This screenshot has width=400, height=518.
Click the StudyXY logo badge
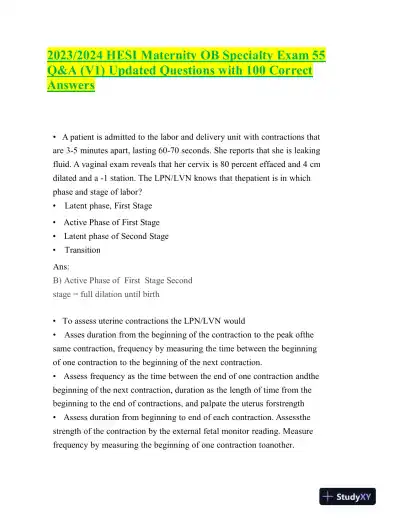click(x=355, y=495)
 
